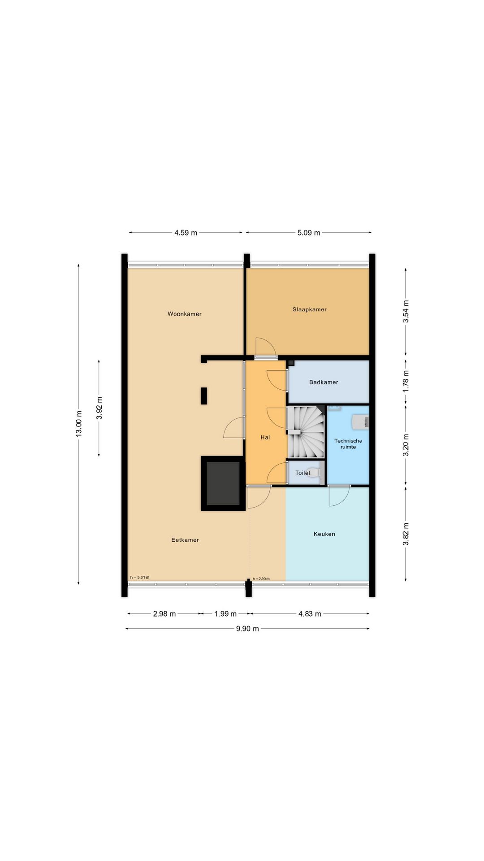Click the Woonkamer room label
point(184,314)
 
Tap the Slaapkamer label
point(309,309)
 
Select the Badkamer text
point(324,382)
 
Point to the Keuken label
point(324,534)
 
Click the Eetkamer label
point(185,540)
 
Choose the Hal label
point(265,437)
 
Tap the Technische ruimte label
point(348,444)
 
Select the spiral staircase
point(306,432)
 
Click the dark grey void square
point(223,483)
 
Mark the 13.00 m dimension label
point(79,424)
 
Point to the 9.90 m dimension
point(247,629)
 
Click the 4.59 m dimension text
point(186,233)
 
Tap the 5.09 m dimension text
point(309,233)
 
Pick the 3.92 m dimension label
point(99,408)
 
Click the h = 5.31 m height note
point(140,577)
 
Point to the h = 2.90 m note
point(261,579)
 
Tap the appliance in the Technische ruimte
point(361,422)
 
